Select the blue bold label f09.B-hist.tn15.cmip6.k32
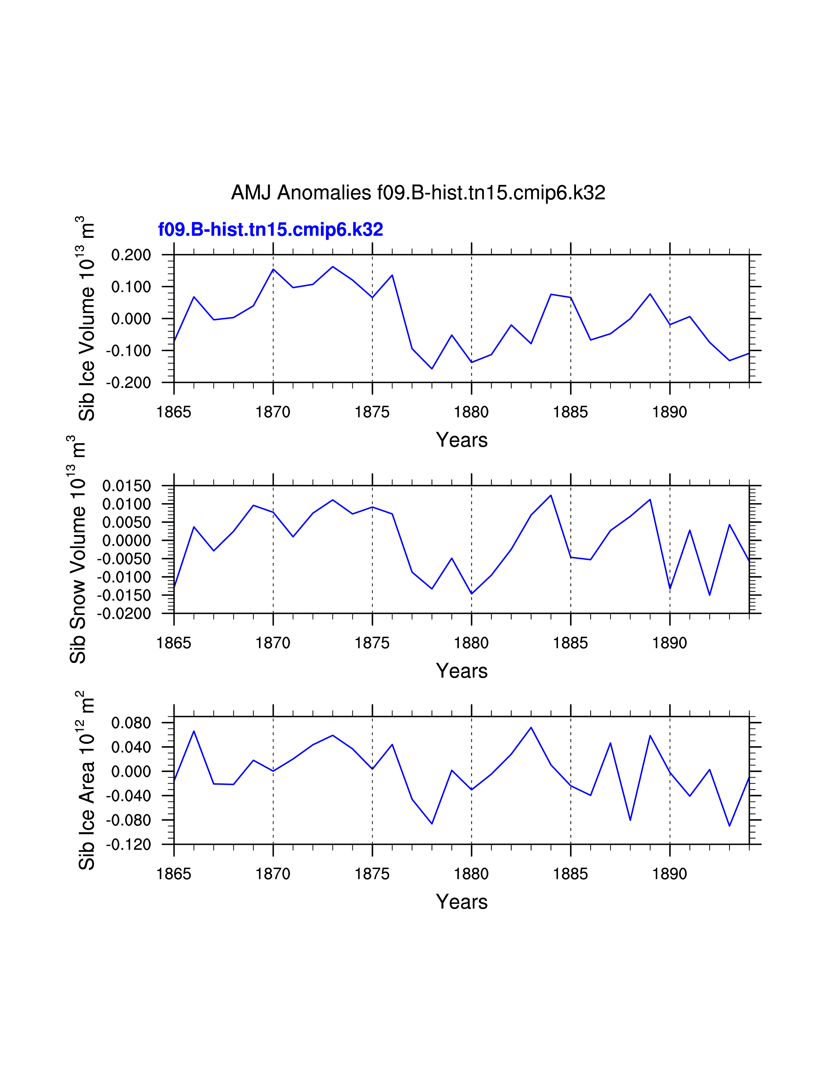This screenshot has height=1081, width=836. coord(270,230)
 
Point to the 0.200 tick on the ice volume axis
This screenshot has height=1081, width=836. coord(131,256)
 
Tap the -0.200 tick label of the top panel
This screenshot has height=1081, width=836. coord(129,383)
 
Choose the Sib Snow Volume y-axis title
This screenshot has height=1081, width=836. coord(78,549)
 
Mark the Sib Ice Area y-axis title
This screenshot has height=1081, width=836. coord(86,781)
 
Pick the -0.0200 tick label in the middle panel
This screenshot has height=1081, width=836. coord(124,614)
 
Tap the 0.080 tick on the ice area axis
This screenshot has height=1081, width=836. coord(131,723)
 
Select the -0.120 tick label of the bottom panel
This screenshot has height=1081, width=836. coord(129,844)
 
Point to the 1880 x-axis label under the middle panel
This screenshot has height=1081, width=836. coord(471,643)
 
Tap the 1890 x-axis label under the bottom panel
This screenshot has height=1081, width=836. coord(669,874)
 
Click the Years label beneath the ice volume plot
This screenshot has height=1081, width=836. coord(462,440)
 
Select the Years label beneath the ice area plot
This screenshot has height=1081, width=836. coord(462,902)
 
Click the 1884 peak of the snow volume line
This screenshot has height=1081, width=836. coord(551,495)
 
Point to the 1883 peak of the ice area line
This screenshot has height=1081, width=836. coord(531,728)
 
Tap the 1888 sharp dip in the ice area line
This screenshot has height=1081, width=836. coord(630,820)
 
